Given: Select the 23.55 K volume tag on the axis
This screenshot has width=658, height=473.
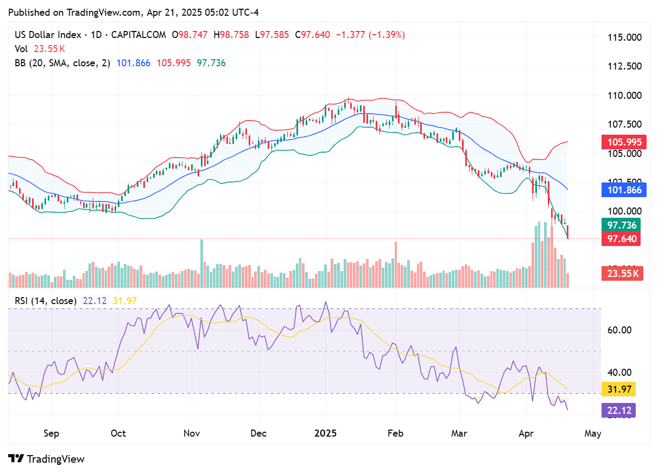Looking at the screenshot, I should click(622, 274).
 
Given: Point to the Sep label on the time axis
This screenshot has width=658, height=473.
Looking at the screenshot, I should click(52, 433).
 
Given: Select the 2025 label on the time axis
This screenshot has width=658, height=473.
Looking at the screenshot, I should click(325, 433).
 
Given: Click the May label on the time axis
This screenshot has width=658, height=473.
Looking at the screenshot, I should click(592, 433).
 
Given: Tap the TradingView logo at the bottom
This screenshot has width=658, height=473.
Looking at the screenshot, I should click(47, 459).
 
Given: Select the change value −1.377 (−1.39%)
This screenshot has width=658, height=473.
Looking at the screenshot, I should click(371, 35).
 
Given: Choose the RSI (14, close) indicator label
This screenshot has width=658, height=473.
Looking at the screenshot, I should click(45, 300).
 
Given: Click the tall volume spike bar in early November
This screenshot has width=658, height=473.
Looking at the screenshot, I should click(201, 263).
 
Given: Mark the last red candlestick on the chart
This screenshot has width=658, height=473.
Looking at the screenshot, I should click(568, 232).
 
